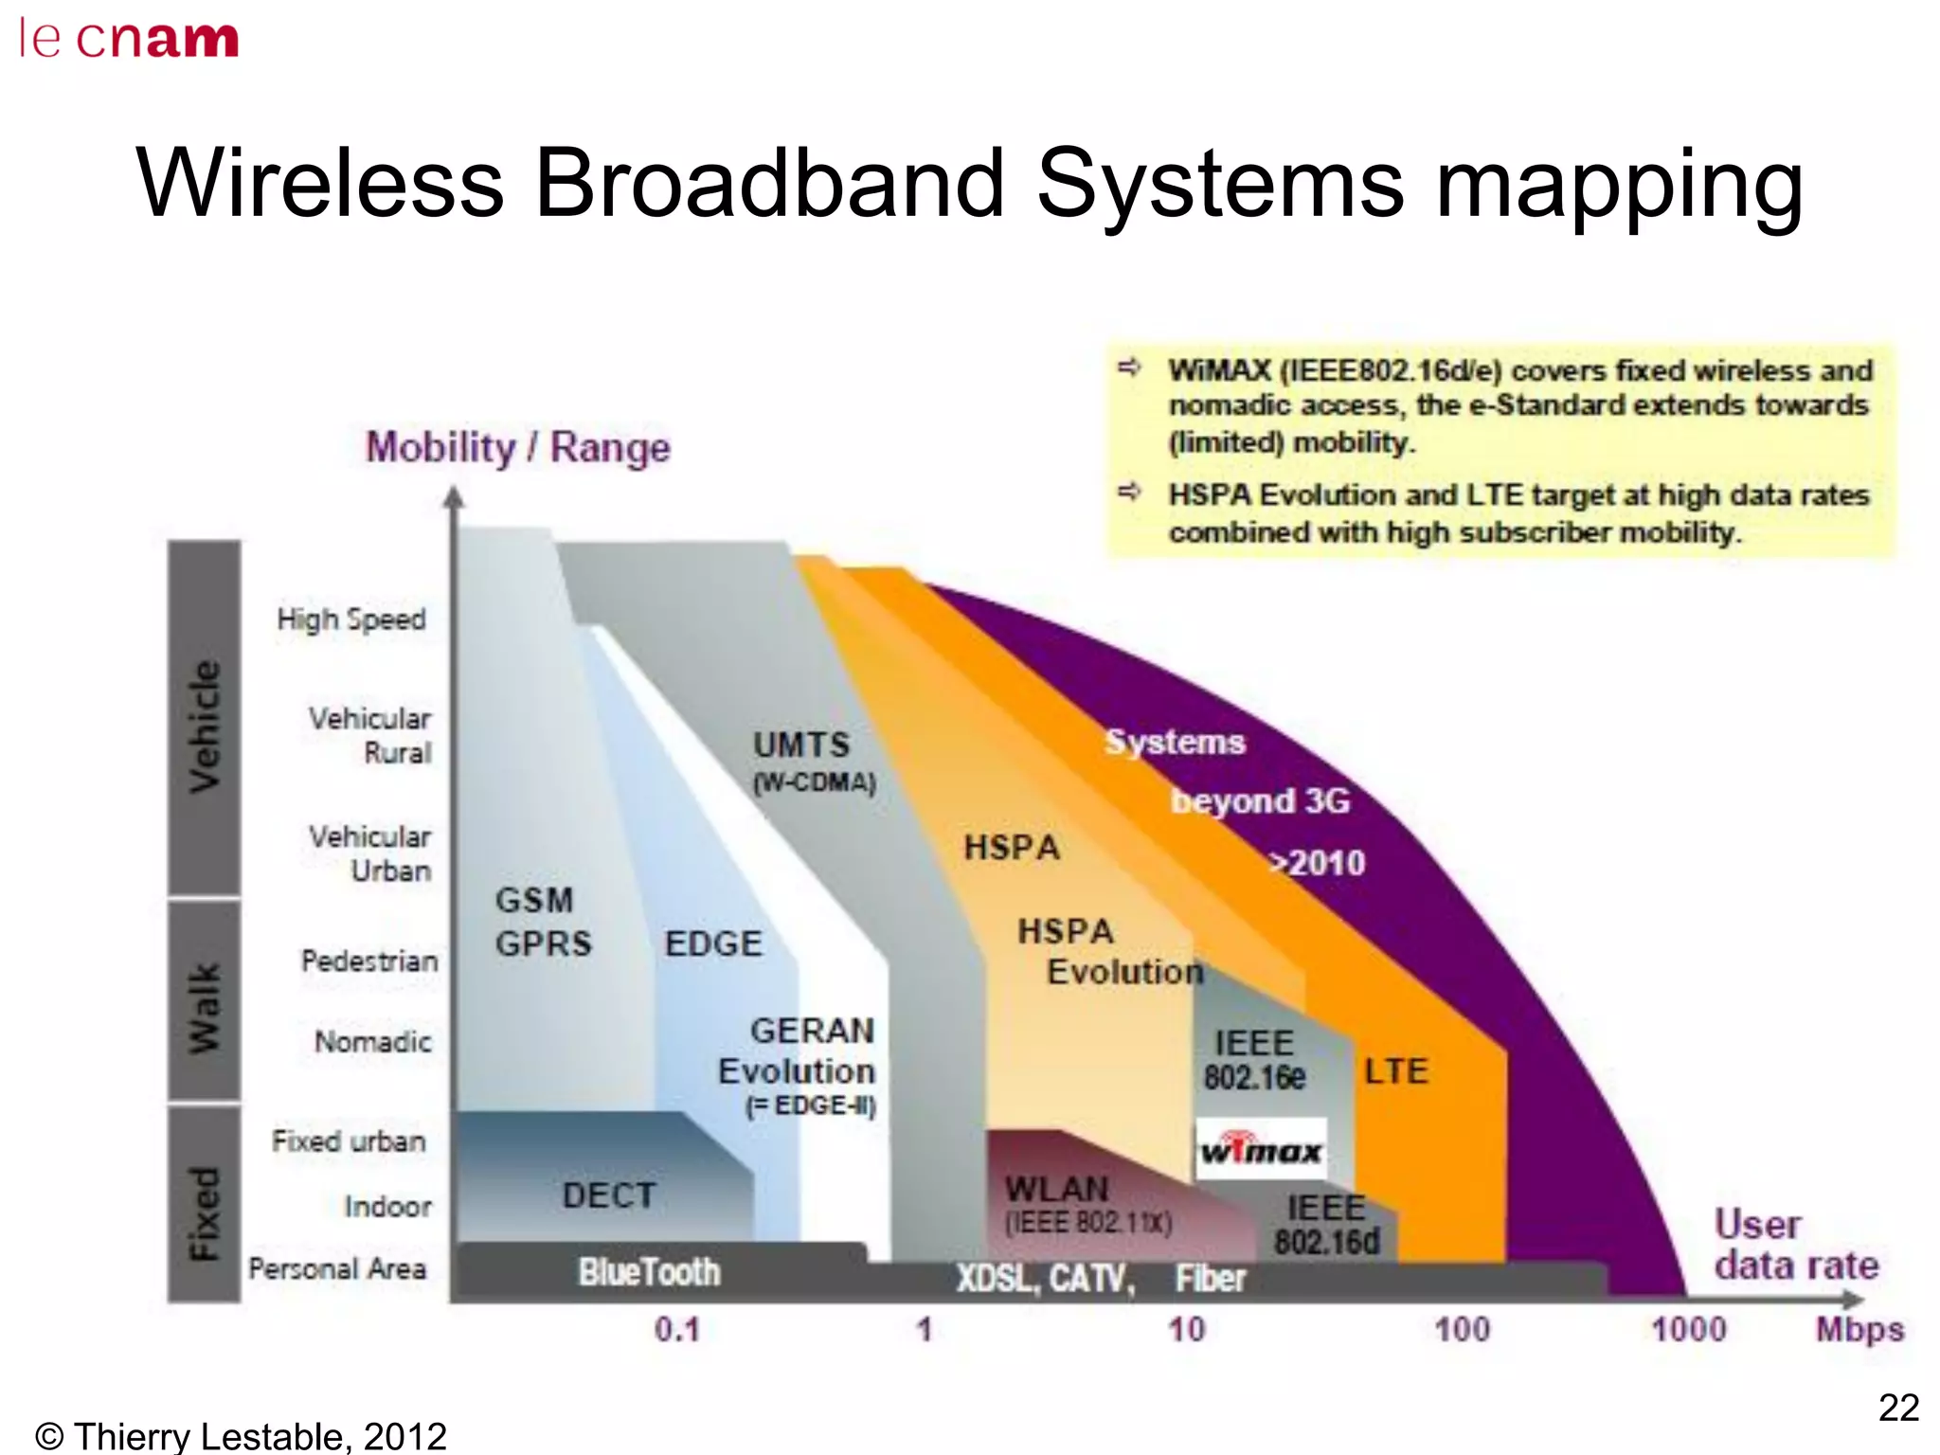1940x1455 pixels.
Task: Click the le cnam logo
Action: click(x=129, y=39)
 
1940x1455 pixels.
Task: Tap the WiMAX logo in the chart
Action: click(x=1261, y=1150)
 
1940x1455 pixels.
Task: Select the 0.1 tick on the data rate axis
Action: click(x=676, y=1329)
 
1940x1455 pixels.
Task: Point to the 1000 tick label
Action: click(x=1688, y=1329)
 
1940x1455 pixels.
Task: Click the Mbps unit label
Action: click(x=1859, y=1329)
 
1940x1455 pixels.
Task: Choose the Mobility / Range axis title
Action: click(x=518, y=447)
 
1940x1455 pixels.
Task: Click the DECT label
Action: click(x=608, y=1195)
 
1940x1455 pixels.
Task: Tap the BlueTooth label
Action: click(x=650, y=1271)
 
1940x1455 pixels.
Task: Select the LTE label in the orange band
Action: click(x=1395, y=1071)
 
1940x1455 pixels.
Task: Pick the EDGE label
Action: click(x=713, y=943)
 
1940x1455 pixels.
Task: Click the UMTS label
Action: click(x=801, y=745)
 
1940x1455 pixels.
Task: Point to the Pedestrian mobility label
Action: click(x=369, y=961)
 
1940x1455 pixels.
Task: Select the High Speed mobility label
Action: click(x=351, y=620)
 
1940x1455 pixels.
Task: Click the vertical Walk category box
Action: click(x=205, y=1000)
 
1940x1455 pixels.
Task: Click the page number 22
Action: click(x=1898, y=1408)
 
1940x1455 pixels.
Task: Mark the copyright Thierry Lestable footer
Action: click(x=241, y=1436)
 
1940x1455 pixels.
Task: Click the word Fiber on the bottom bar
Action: click(x=1211, y=1278)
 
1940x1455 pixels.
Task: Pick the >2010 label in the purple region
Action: click(x=1318, y=863)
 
